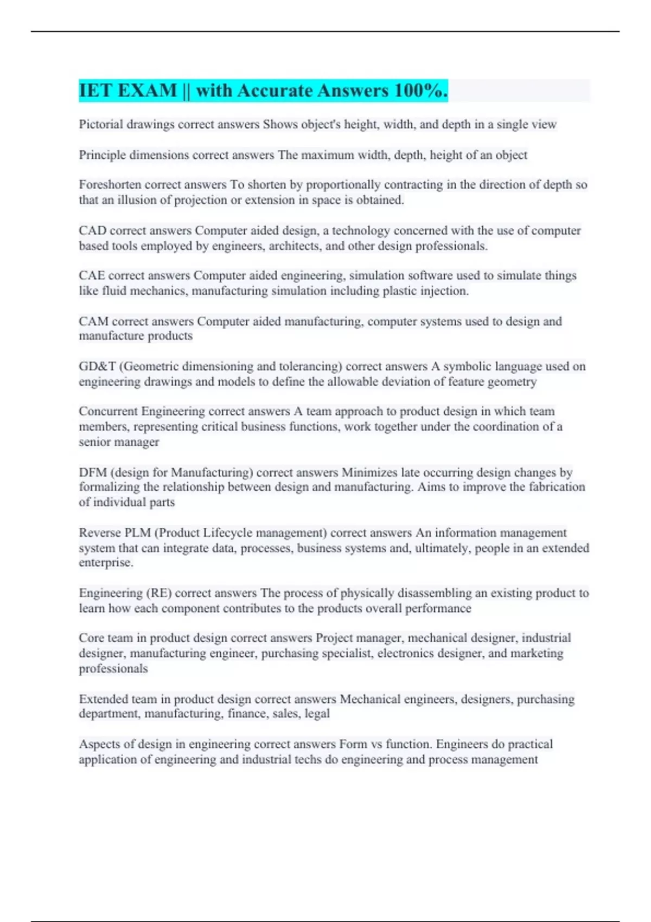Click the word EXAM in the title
(147, 91)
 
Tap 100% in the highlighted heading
(421, 91)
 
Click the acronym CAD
(92, 230)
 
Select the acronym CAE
(92, 276)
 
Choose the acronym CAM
(93, 322)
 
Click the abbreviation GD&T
(97, 367)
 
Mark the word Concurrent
(108, 412)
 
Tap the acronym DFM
(93, 472)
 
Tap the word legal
(317, 714)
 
